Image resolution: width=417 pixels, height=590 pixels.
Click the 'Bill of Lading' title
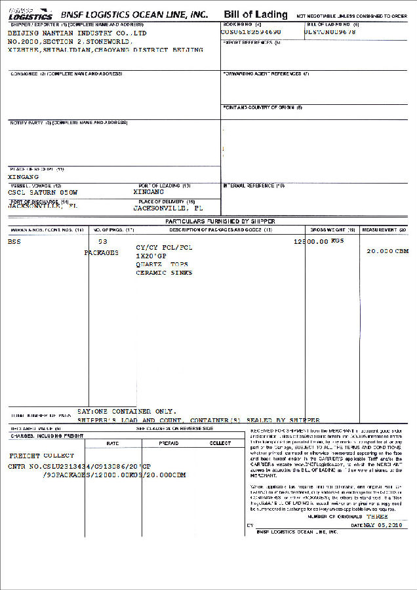pos(255,14)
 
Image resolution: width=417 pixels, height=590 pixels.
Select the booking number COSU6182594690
pos(251,31)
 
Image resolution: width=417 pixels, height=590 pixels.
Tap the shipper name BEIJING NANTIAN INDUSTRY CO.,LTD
pos(77,33)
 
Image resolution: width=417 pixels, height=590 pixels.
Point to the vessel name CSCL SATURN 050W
pos(43,193)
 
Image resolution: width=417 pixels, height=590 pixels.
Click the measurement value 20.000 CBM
pos(387,251)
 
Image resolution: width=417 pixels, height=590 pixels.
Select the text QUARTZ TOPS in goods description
pos(161,264)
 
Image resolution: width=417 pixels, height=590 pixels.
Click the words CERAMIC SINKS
pos(164,273)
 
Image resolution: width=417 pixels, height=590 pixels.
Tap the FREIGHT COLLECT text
pos(42,455)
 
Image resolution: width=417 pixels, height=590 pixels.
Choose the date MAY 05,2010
pos(383,526)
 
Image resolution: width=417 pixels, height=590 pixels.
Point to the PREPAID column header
pos(169,443)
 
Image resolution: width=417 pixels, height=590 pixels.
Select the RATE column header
pos(113,443)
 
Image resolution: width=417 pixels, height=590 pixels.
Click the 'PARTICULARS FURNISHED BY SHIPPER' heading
pos(220,222)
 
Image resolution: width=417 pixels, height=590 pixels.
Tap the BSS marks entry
pos(14,241)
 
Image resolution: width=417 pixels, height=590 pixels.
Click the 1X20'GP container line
pos(151,256)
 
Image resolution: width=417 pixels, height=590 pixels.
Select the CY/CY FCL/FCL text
pos(164,247)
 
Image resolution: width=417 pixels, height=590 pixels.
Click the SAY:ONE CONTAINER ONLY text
pos(127,412)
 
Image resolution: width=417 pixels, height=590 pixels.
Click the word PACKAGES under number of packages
pos(102,252)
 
